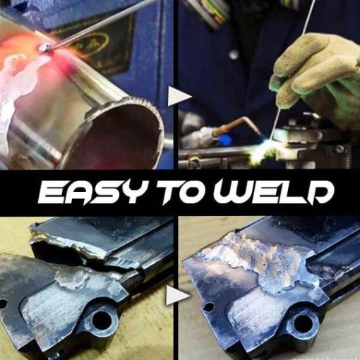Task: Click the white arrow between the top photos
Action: [x=179, y=96]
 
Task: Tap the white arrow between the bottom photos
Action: [x=177, y=296]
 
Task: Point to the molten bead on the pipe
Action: [x=44, y=47]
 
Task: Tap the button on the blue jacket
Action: [x=233, y=55]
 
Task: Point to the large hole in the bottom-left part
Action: [x=101, y=320]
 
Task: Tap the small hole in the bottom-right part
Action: [x=208, y=306]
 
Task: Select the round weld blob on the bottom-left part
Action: [x=71, y=280]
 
